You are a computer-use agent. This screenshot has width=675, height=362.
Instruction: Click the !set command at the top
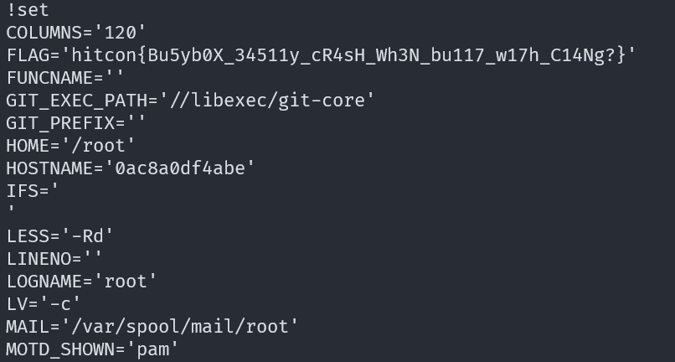pos(28,10)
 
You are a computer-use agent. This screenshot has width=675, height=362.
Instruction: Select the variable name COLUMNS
pos(46,33)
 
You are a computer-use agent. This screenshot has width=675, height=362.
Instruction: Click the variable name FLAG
pos(29,55)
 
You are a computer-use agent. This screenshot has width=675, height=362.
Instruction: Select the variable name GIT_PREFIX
pos(64,123)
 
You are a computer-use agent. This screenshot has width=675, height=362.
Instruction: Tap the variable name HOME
pos(29,146)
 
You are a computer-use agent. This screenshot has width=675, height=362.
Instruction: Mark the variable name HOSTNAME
pos(52,168)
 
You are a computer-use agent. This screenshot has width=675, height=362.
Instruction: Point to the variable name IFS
pos(23,191)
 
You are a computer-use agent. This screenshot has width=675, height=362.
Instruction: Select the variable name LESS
pos(29,236)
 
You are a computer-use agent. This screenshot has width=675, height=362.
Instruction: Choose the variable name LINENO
pos(41,259)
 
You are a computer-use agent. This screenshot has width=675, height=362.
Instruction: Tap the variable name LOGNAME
pos(46,282)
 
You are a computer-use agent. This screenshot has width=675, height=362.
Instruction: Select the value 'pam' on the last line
pos(152,349)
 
